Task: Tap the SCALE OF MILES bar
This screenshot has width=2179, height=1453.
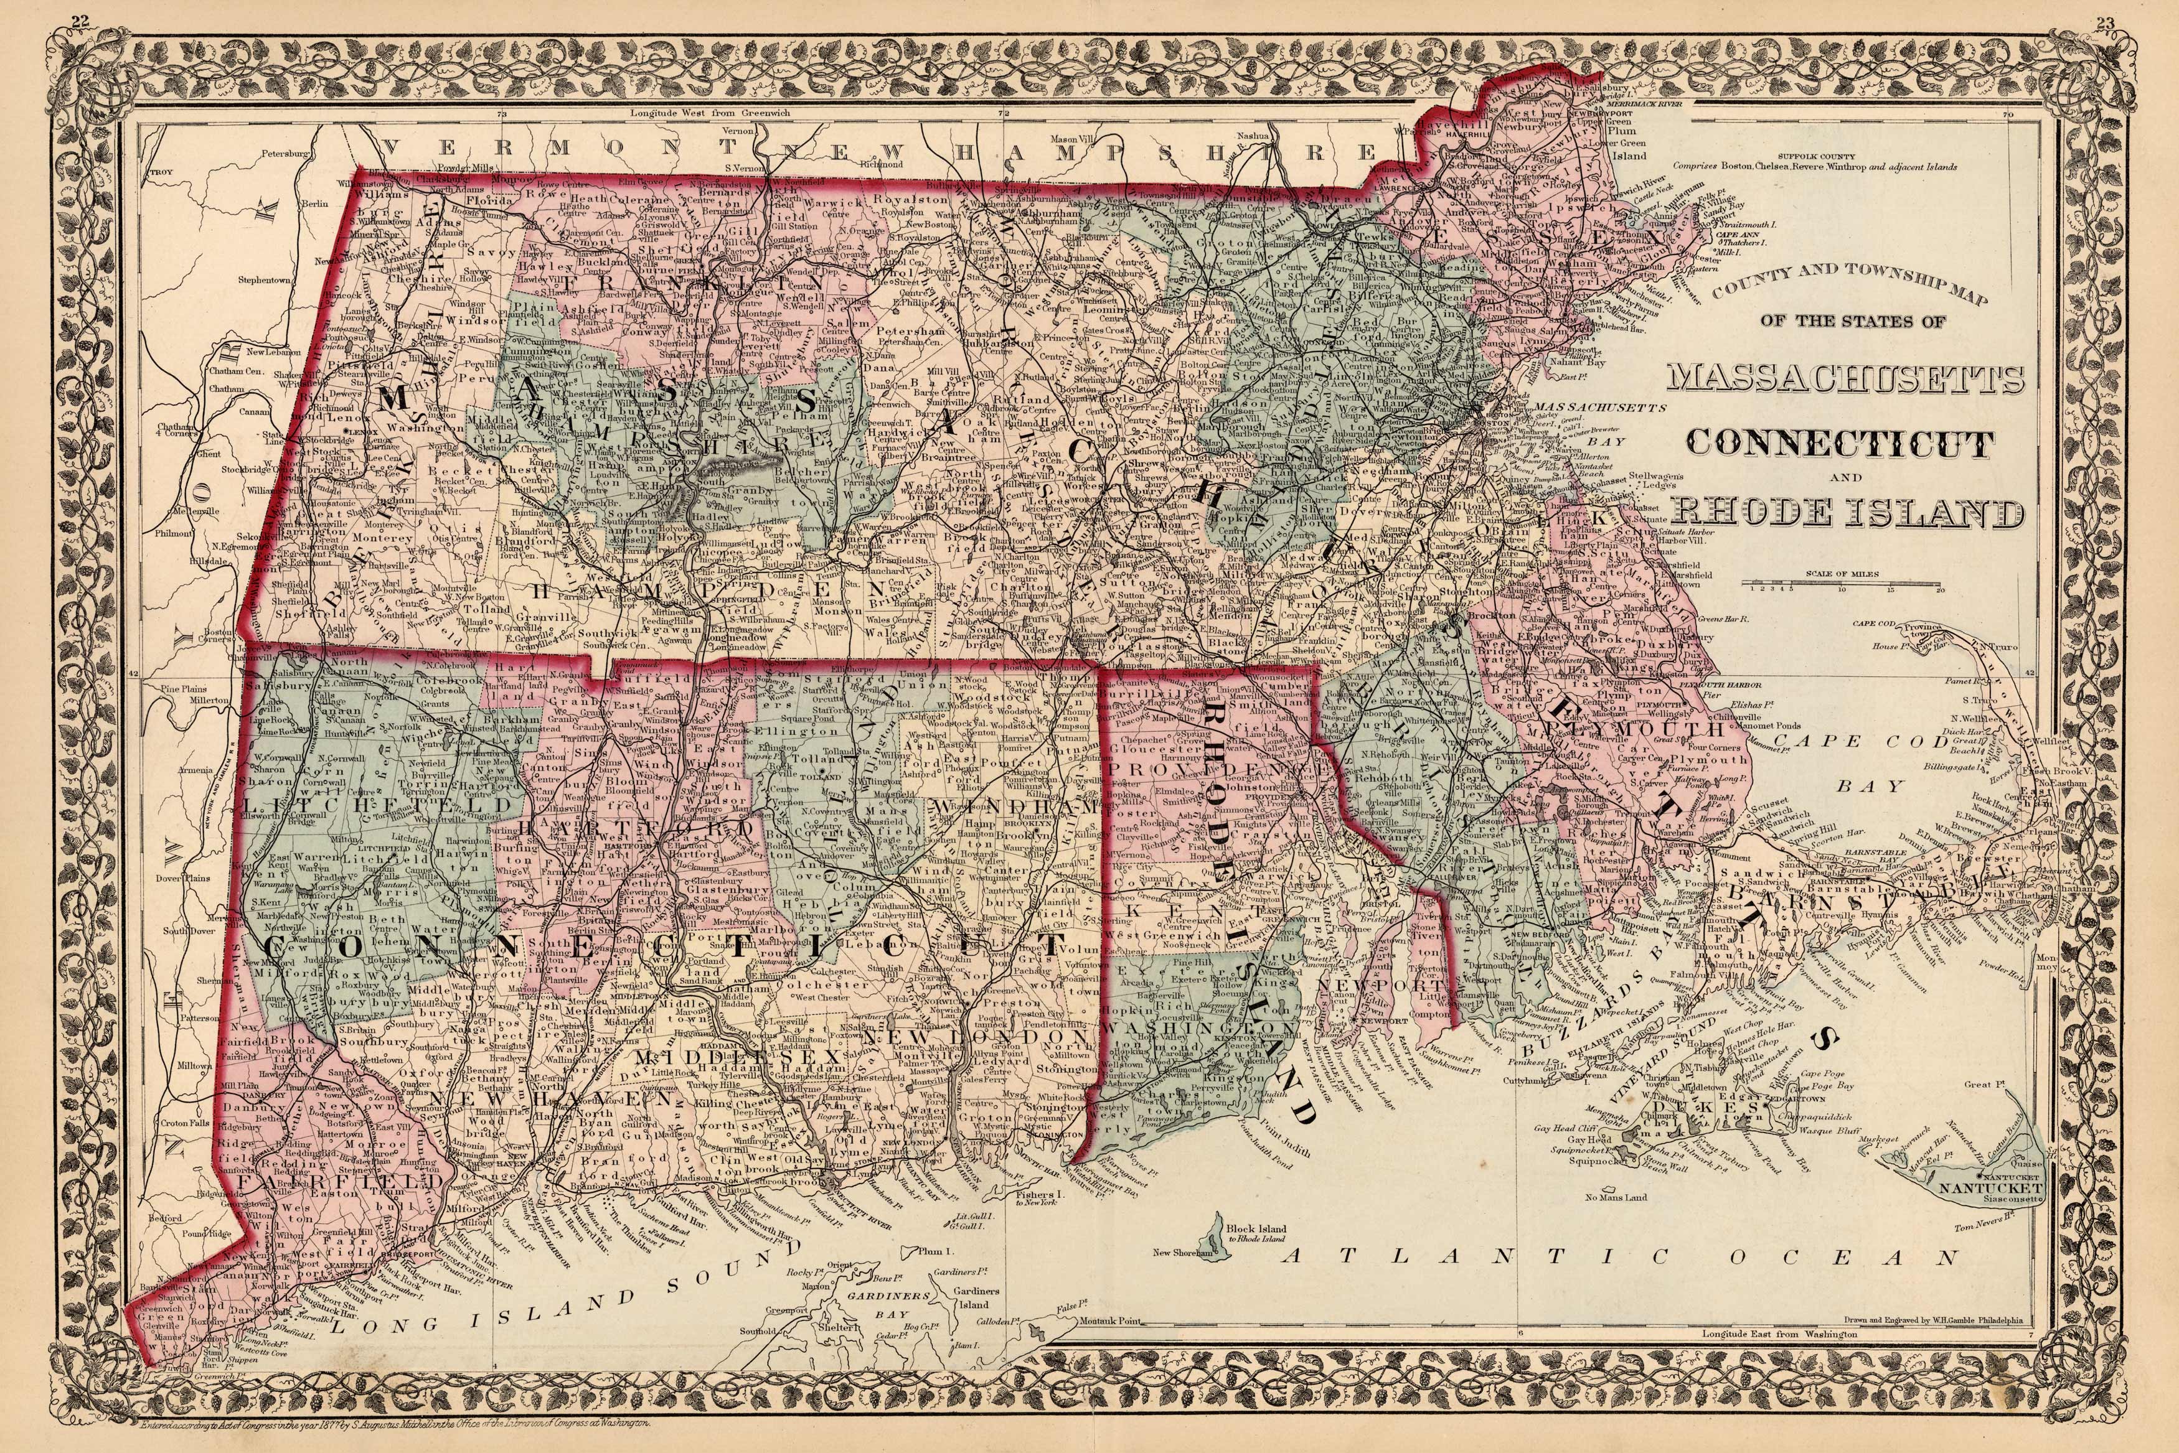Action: pos(1843,585)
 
